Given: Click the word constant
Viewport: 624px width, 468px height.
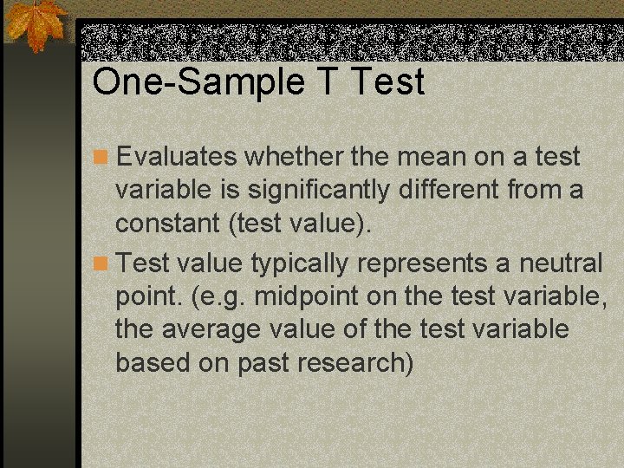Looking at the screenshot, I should [x=168, y=224].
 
